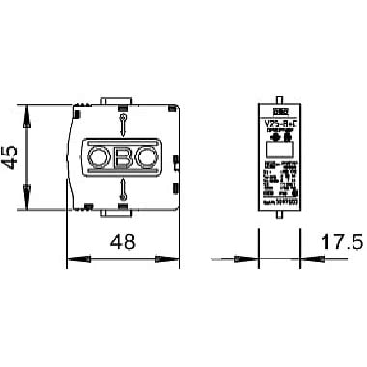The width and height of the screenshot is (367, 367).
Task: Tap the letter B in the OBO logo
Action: [x=122, y=157]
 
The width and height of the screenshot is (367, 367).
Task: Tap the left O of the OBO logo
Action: [x=99, y=157]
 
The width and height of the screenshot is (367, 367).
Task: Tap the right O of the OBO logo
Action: [x=145, y=157]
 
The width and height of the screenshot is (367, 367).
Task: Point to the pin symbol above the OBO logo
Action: [x=122, y=121]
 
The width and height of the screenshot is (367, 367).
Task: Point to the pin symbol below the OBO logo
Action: [x=122, y=193]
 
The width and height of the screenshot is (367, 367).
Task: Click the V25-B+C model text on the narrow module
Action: [x=278, y=124]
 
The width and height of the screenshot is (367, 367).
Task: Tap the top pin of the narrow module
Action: [x=278, y=99]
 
